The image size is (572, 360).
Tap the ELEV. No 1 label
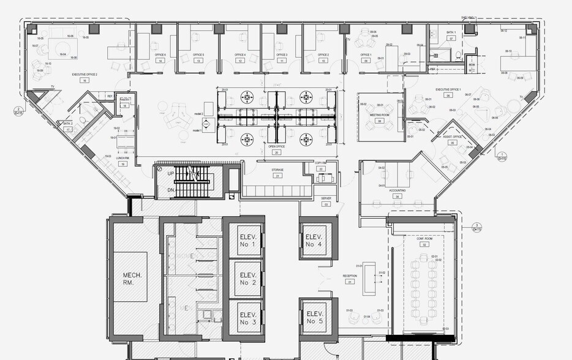coord(247,242)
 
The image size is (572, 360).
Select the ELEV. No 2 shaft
coord(247,279)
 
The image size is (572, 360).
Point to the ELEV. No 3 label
coord(247,318)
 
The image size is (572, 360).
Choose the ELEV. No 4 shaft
coord(314,241)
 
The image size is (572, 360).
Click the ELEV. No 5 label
coord(314,317)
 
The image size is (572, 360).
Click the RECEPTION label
coord(350,276)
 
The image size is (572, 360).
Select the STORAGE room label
coord(277,170)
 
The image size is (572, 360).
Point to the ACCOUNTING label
coord(397,190)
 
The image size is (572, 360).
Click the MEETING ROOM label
coord(380,115)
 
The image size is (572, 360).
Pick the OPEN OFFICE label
coord(277,146)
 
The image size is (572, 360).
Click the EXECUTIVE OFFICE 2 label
coord(85,74)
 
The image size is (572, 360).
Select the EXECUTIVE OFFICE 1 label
coord(448,89)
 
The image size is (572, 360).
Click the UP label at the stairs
coord(171,174)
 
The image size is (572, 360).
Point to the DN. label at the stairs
coord(171,190)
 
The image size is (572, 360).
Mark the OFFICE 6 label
coord(160,55)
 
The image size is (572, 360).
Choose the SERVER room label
coord(326,198)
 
